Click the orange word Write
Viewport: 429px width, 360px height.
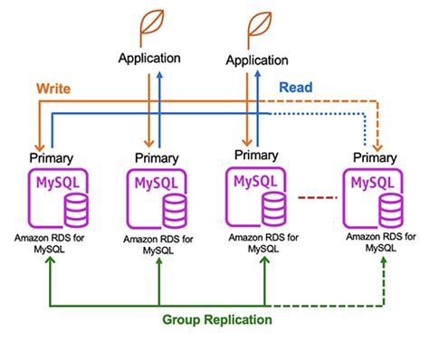(x=54, y=90)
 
